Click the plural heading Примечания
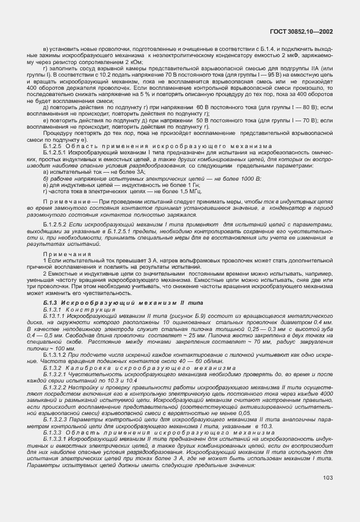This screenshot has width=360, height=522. click(x=64, y=253)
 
